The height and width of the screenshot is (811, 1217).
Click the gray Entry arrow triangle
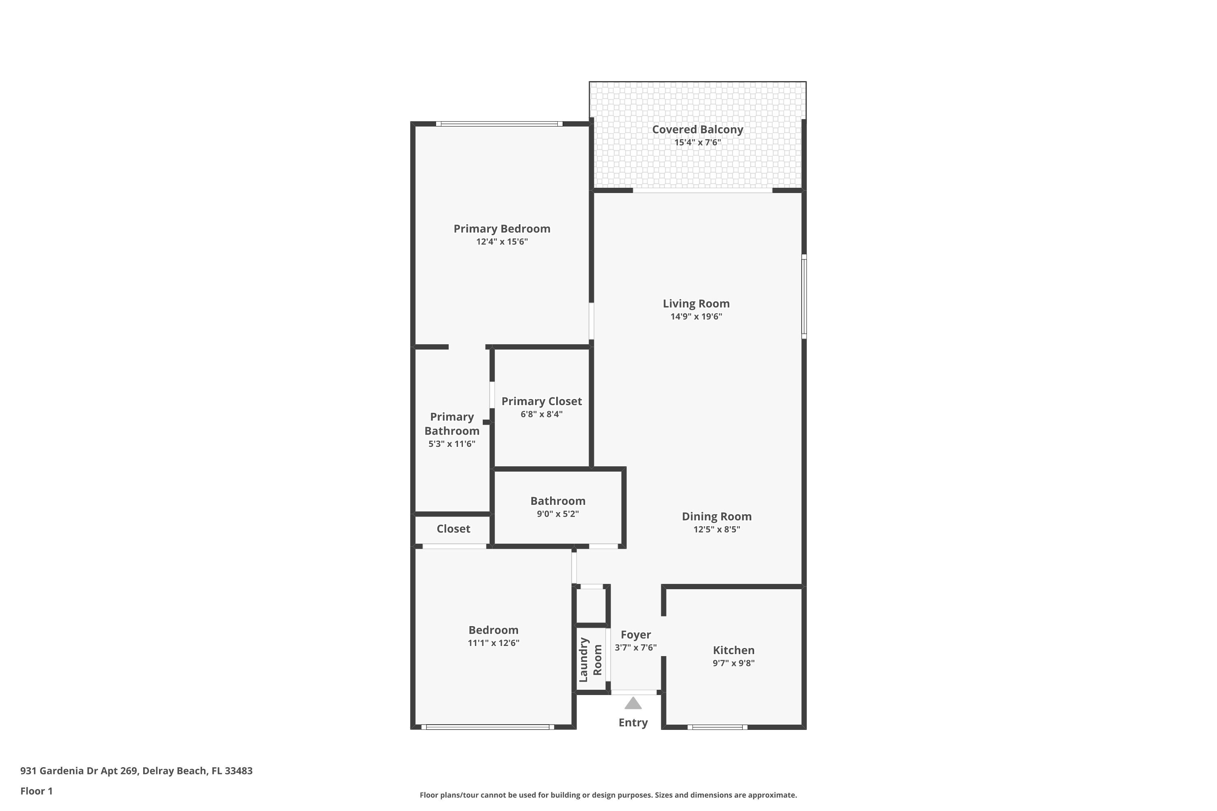[x=633, y=704]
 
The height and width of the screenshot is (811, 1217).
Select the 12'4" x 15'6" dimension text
[x=501, y=242]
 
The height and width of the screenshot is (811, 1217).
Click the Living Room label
[x=696, y=304]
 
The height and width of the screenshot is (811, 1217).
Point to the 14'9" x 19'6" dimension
[x=696, y=317]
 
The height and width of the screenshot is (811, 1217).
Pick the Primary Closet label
[x=541, y=401]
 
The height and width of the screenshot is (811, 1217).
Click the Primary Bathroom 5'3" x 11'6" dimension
[x=452, y=444]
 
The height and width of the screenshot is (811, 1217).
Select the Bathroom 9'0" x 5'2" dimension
[x=557, y=514]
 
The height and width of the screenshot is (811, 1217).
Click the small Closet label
[x=453, y=529]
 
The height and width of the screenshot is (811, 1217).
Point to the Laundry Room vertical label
[x=590, y=660]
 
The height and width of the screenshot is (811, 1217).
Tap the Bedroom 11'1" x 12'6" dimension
[x=493, y=643]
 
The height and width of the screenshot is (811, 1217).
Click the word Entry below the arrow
[x=633, y=723]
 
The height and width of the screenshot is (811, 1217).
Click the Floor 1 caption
[x=36, y=791]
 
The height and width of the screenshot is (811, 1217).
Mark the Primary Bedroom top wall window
[x=499, y=124]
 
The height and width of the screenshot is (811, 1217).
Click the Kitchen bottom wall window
[x=717, y=727]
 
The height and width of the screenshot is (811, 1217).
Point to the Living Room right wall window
[x=804, y=296]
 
